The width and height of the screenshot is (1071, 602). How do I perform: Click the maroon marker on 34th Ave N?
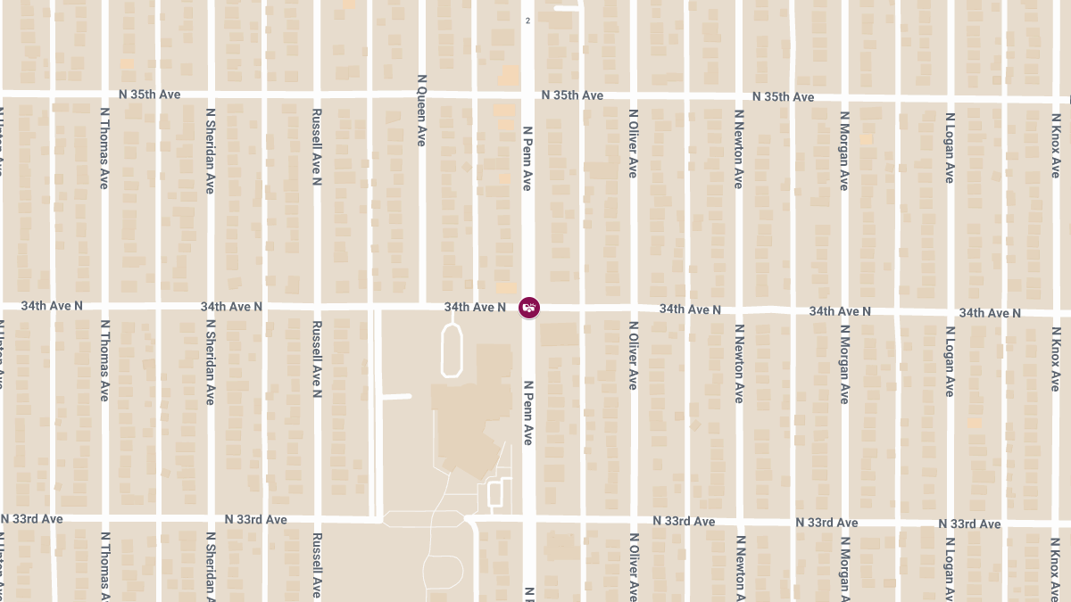point(528,308)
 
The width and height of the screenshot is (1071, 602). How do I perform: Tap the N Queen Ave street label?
point(422,110)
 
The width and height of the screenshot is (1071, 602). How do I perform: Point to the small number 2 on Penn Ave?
point(527,21)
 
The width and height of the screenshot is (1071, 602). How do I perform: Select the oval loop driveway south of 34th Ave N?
point(452,350)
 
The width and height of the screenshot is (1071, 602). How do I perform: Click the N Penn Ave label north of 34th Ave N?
point(527,158)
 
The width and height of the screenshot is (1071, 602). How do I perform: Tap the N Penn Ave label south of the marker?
point(527,412)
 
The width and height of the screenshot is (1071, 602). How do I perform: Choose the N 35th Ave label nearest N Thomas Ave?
point(150,94)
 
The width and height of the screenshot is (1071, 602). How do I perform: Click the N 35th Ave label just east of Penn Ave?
point(572,95)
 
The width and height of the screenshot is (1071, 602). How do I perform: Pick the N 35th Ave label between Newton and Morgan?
point(783,96)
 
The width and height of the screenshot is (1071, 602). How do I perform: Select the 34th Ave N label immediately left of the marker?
point(476,307)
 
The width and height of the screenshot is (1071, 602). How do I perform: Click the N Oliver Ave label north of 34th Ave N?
point(633,144)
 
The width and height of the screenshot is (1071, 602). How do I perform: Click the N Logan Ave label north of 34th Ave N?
point(951,148)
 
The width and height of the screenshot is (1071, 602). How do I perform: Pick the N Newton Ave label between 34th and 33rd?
point(739,363)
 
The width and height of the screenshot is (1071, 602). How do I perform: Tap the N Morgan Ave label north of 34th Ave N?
point(844,150)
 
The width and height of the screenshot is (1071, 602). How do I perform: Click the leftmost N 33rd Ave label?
point(32,518)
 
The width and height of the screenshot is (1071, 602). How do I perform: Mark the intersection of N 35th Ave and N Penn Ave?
point(528,94)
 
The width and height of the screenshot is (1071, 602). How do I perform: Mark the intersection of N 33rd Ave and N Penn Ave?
point(528,519)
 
